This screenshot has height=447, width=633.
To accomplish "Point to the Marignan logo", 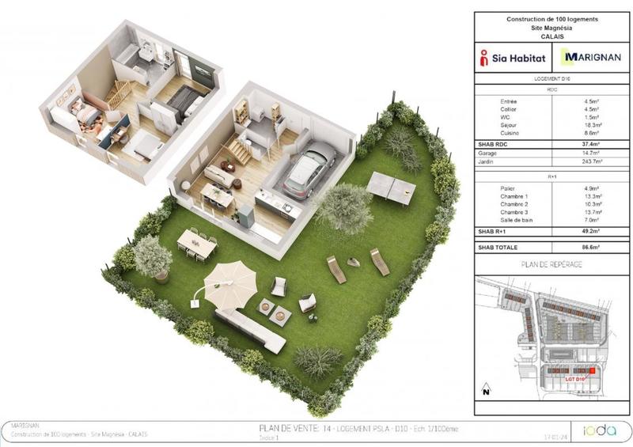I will pos(590,58).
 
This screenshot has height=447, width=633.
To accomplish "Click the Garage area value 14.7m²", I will pos(591,153).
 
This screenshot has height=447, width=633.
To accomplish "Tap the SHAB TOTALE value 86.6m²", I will pos(591,248).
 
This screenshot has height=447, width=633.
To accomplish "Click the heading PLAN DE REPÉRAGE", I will pos(552,263).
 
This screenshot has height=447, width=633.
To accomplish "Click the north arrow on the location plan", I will pos(487,389).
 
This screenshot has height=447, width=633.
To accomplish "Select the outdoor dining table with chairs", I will pos(198,243).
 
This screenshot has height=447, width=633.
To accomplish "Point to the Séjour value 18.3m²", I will pos(591,126).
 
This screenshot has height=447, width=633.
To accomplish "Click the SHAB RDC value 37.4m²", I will pos(591,144).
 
